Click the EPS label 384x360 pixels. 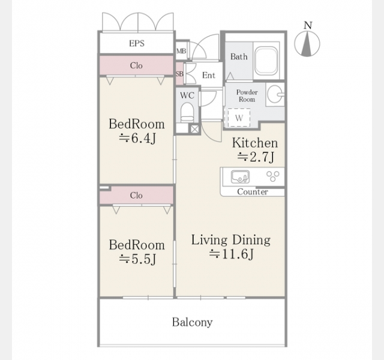(137, 43)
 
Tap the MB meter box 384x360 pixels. (181, 50)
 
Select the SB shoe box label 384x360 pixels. (179, 74)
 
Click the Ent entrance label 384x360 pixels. (209, 75)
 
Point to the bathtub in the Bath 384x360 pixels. (266, 61)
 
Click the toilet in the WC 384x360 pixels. (187, 112)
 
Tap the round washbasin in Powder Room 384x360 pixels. (275, 94)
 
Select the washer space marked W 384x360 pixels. (239, 118)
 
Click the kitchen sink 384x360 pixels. (240, 176)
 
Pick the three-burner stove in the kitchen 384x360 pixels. (273, 176)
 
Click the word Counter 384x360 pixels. (253, 192)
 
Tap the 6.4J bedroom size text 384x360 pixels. (137, 139)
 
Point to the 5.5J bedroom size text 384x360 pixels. (137, 259)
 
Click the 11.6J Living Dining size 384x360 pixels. (231, 254)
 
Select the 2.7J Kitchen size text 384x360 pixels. (256, 157)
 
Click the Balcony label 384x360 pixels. (192, 322)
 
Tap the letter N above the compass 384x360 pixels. (308, 25)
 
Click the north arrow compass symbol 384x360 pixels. (307, 44)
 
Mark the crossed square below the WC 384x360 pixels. (194, 129)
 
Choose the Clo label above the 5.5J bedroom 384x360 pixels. (136, 196)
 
